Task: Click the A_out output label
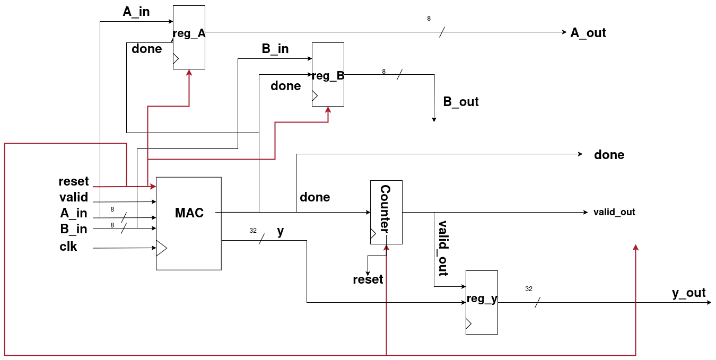pyautogui.click(x=588, y=32)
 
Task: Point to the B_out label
pyautogui.click(x=460, y=102)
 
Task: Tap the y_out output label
pyautogui.click(x=688, y=293)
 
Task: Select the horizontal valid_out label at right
pyautogui.click(x=614, y=212)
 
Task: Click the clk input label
pyautogui.click(x=68, y=247)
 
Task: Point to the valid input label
pyautogui.click(x=74, y=197)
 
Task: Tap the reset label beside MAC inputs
pyautogui.click(x=74, y=181)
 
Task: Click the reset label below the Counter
pyautogui.click(x=368, y=279)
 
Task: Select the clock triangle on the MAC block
pyautogui.click(x=161, y=248)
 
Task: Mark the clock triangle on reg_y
pyautogui.click(x=468, y=323)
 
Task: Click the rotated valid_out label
pyautogui.click(x=443, y=248)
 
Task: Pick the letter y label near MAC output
pyautogui.click(x=281, y=231)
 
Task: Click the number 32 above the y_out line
pyautogui.click(x=529, y=289)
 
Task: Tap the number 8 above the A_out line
pyautogui.click(x=429, y=19)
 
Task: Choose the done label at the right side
pyautogui.click(x=609, y=155)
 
